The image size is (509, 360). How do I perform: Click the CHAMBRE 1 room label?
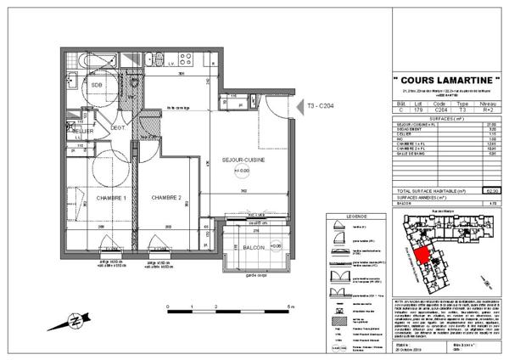tap(110, 198)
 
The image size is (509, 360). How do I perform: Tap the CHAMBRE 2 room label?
tap(168, 198)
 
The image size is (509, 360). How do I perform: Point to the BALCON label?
tap(252, 247)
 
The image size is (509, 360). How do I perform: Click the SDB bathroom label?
tap(98, 85)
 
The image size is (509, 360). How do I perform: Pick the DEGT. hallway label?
tap(118, 129)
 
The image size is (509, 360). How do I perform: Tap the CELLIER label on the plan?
tap(81, 132)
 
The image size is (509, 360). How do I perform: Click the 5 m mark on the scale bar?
tap(289, 307)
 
